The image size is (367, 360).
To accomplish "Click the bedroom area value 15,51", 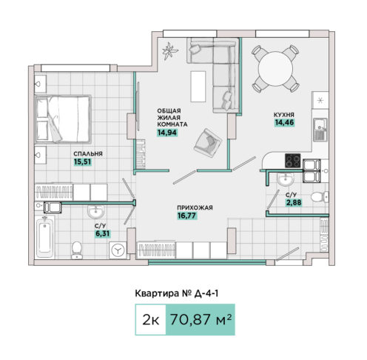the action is click(83, 162).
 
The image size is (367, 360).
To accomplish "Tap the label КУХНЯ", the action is click(284, 115).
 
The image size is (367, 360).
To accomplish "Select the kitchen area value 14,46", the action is click(285, 122).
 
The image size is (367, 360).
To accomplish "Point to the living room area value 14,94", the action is click(167, 133).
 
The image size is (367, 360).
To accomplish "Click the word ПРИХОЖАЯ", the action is click(195, 207).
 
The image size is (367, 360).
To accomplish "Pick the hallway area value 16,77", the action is click(186, 216).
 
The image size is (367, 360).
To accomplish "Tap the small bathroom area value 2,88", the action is click(294, 202).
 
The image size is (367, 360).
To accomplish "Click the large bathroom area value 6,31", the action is click(103, 233).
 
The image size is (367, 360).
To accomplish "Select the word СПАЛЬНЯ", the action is click(88, 154).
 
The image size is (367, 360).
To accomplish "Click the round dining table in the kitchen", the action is click(275, 69).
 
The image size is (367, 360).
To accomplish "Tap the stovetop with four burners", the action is click(293, 161).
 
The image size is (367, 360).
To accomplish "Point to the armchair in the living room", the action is click(208, 142).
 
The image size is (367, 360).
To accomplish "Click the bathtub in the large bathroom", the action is click(45, 236).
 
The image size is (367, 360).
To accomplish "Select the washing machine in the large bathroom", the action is click(118, 250).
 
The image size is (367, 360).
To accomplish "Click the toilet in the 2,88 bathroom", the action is click(320, 197).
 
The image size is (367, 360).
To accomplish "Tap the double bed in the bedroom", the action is click(63, 119).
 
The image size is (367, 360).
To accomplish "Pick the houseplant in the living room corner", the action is click(170, 51).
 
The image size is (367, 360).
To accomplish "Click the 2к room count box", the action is click(151, 319).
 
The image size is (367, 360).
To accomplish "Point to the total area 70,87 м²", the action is click(201, 319).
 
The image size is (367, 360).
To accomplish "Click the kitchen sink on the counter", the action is click(320, 130).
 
